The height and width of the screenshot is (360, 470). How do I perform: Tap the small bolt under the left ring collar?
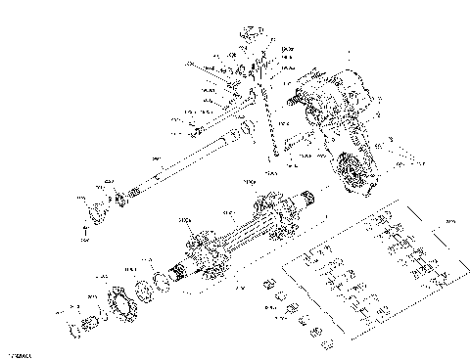[x=85, y=232]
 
